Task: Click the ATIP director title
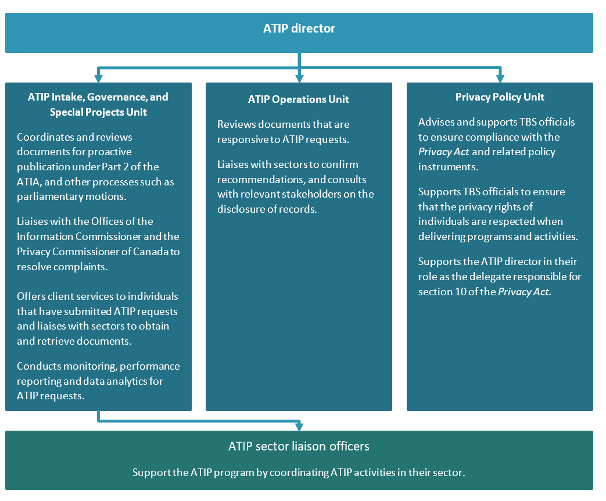(x=299, y=28)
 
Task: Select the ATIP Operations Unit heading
(x=299, y=99)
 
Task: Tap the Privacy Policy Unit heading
(x=500, y=97)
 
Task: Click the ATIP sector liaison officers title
(x=299, y=446)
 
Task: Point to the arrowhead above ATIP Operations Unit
(x=299, y=77)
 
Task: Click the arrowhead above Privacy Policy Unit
(x=500, y=77)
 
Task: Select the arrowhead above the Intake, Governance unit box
(x=98, y=77)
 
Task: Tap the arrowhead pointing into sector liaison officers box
(x=299, y=426)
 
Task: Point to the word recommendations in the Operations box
(x=253, y=179)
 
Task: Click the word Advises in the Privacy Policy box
(x=436, y=122)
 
